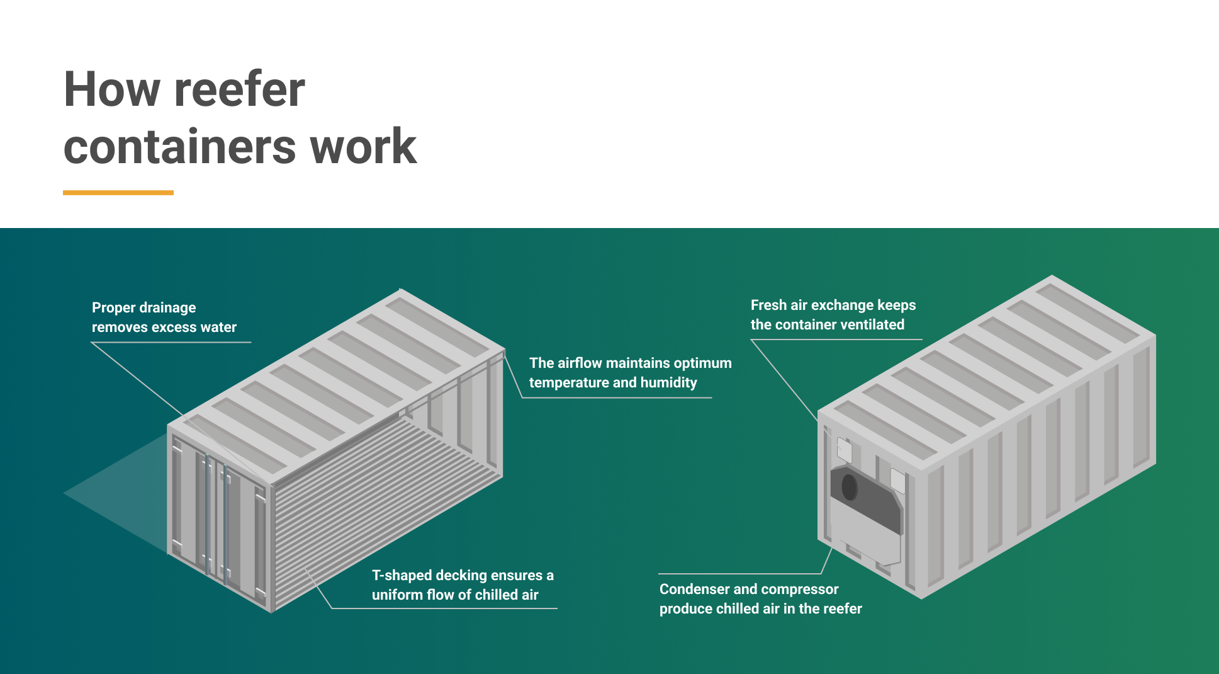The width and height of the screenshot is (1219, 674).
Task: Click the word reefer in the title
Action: (x=239, y=89)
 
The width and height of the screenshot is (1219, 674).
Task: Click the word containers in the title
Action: (x=179, y=147)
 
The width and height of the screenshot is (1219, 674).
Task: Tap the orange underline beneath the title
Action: (x=118, y=193)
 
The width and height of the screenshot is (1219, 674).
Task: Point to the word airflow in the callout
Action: (x=580, y=363)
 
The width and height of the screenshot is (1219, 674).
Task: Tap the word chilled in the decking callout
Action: (x=496, y=595)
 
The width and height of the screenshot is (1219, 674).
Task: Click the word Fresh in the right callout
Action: (x=768, y=305)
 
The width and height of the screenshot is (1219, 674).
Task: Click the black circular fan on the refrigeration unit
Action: (x=849, y=486)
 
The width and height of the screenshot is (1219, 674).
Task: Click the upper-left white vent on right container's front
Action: (x=845, y=450)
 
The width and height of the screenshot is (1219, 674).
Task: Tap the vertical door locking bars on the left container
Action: (x=215, y=517)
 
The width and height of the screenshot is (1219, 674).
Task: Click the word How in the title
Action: (x=112, y=89)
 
